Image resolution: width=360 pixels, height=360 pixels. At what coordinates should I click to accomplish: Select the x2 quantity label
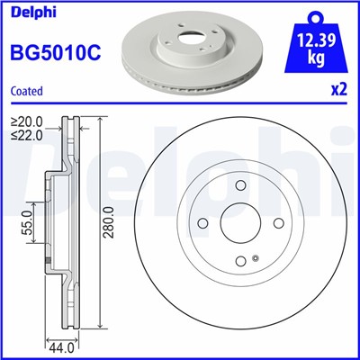338,90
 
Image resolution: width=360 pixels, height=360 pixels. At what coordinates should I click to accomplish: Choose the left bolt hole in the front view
202,223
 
